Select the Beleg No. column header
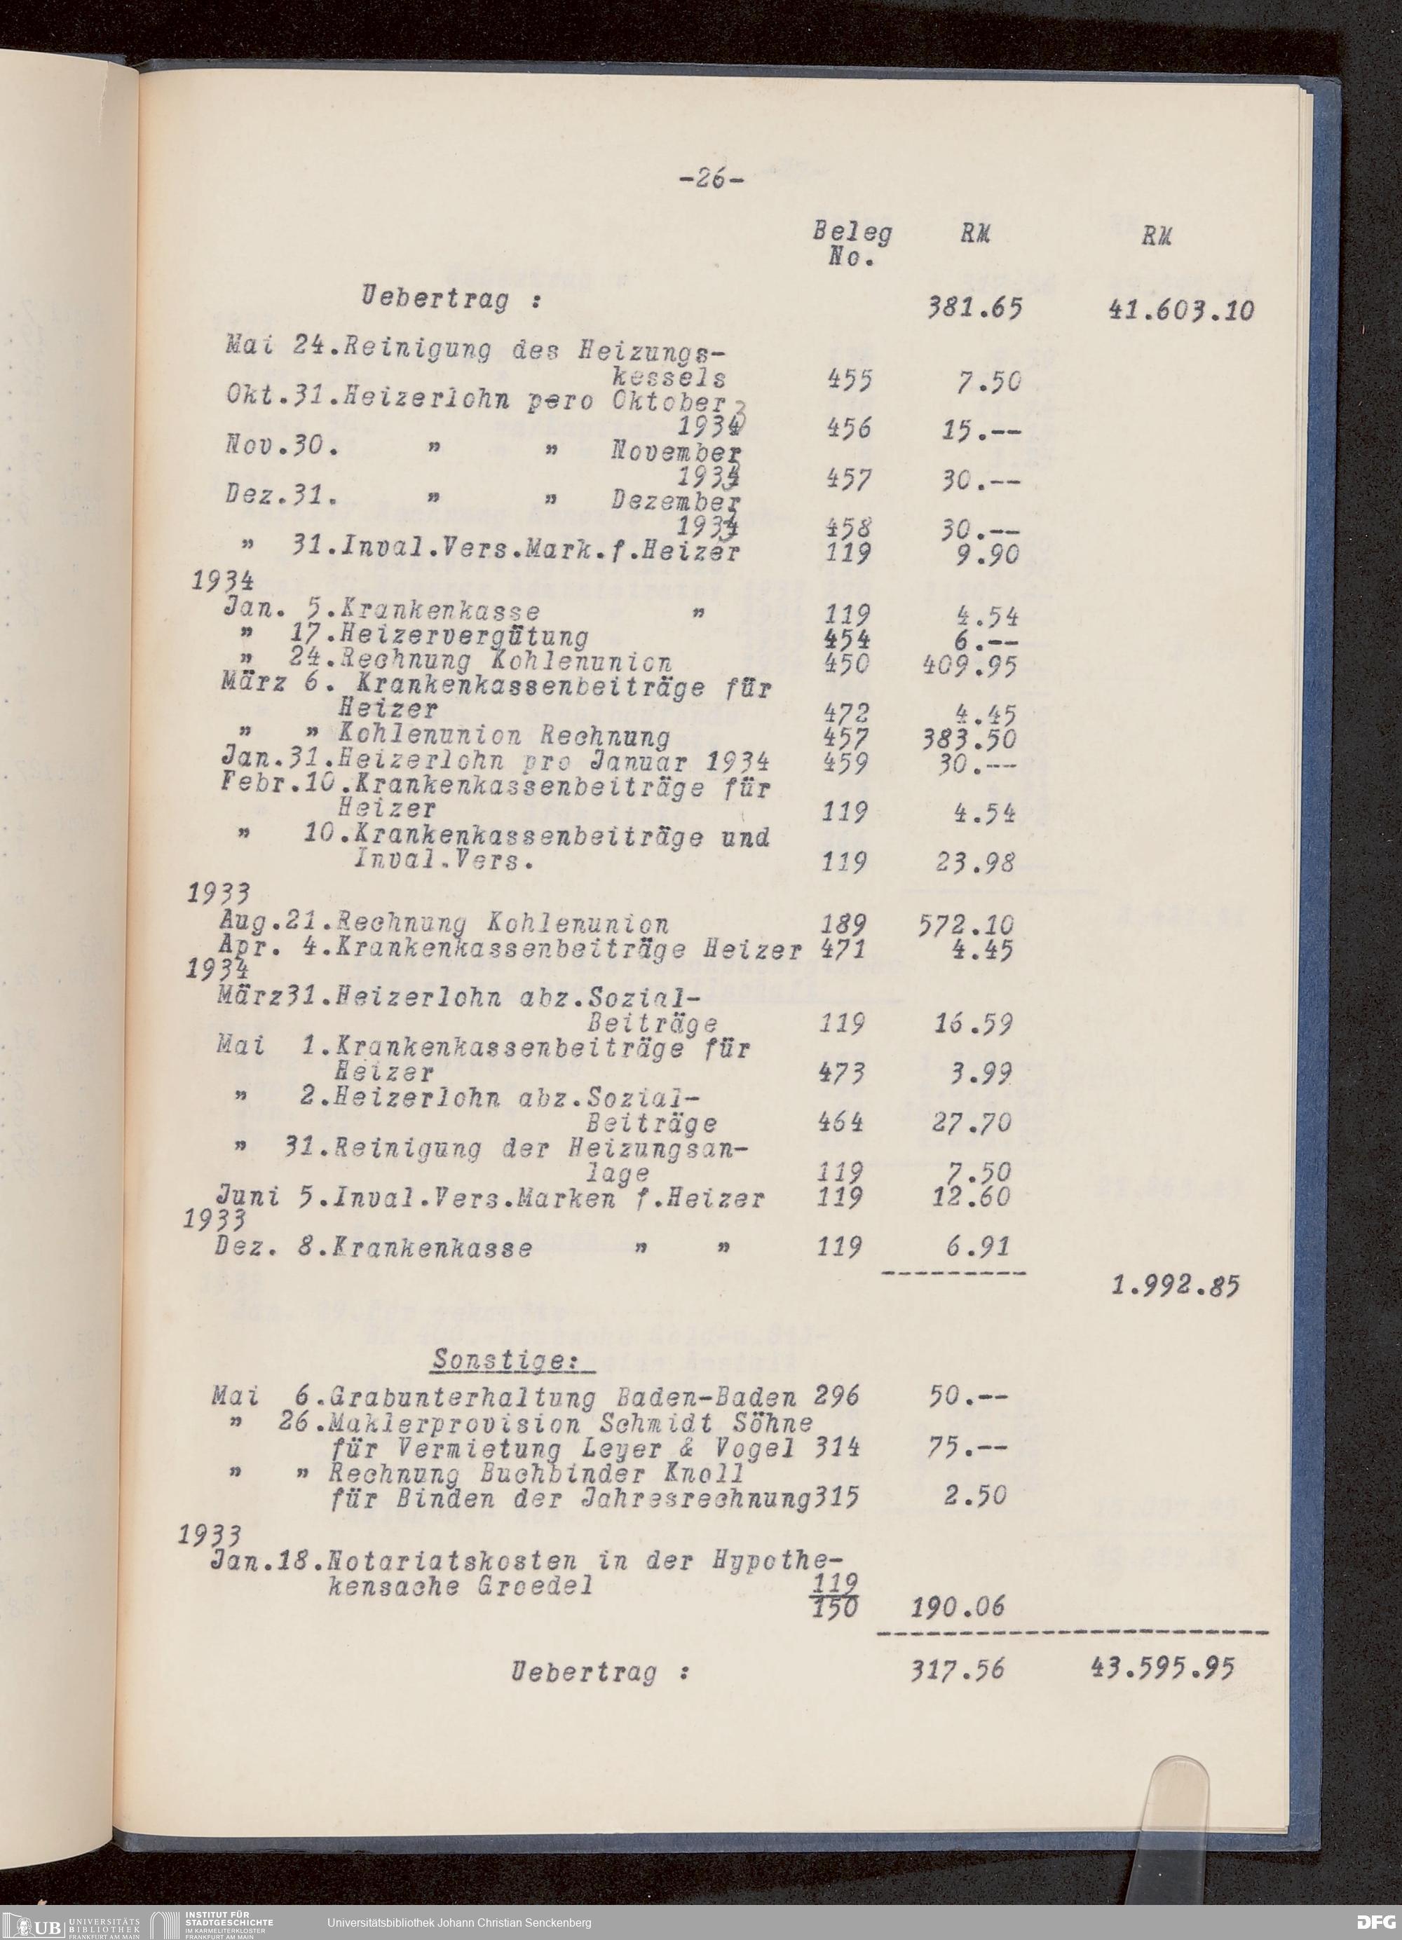click(851, 245)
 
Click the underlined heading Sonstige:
click(514, 1358)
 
